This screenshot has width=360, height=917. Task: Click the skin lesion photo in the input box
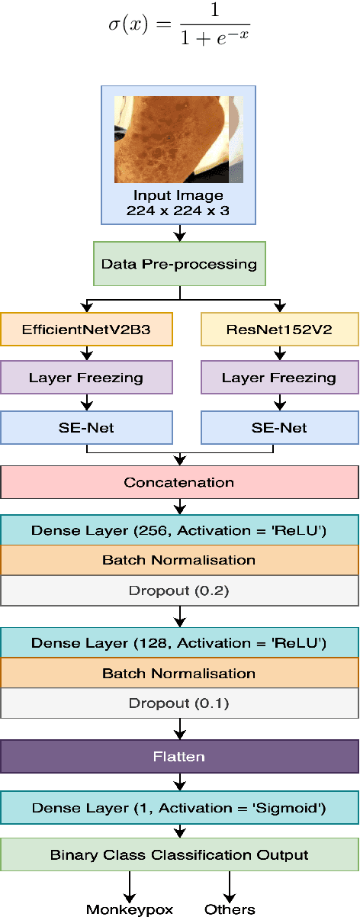(x=178, y=140)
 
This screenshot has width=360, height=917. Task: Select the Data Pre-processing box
(x=178, y=264)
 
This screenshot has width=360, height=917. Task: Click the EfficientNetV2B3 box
(x=86, y=330)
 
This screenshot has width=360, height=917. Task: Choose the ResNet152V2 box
(x=278, y=330)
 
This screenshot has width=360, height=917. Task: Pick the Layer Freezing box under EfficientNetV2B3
(x=86, y=378)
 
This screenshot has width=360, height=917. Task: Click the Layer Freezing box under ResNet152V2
(x=278, y=378)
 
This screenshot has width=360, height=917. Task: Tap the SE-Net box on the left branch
(x=86, y=427)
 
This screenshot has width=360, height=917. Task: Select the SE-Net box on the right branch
(x=278, y=427)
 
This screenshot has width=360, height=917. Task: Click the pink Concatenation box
(x=178, y=482)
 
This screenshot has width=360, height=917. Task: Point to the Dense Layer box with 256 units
(x=178, y=530)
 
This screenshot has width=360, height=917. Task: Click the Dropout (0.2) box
(x=178, y=590)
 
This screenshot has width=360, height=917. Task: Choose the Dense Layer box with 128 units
(x=178, y=643)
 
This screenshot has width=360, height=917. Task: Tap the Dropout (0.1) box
(x=178, y=703)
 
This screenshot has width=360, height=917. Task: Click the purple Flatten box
(x=178, y=758)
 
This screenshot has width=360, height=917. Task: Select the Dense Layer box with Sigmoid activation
(x=178, y=806)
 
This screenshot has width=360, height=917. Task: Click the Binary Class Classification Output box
(x=178, y=854)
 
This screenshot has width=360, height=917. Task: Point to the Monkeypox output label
(x=130, y=909)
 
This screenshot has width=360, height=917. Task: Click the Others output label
(x=229, y=909)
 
